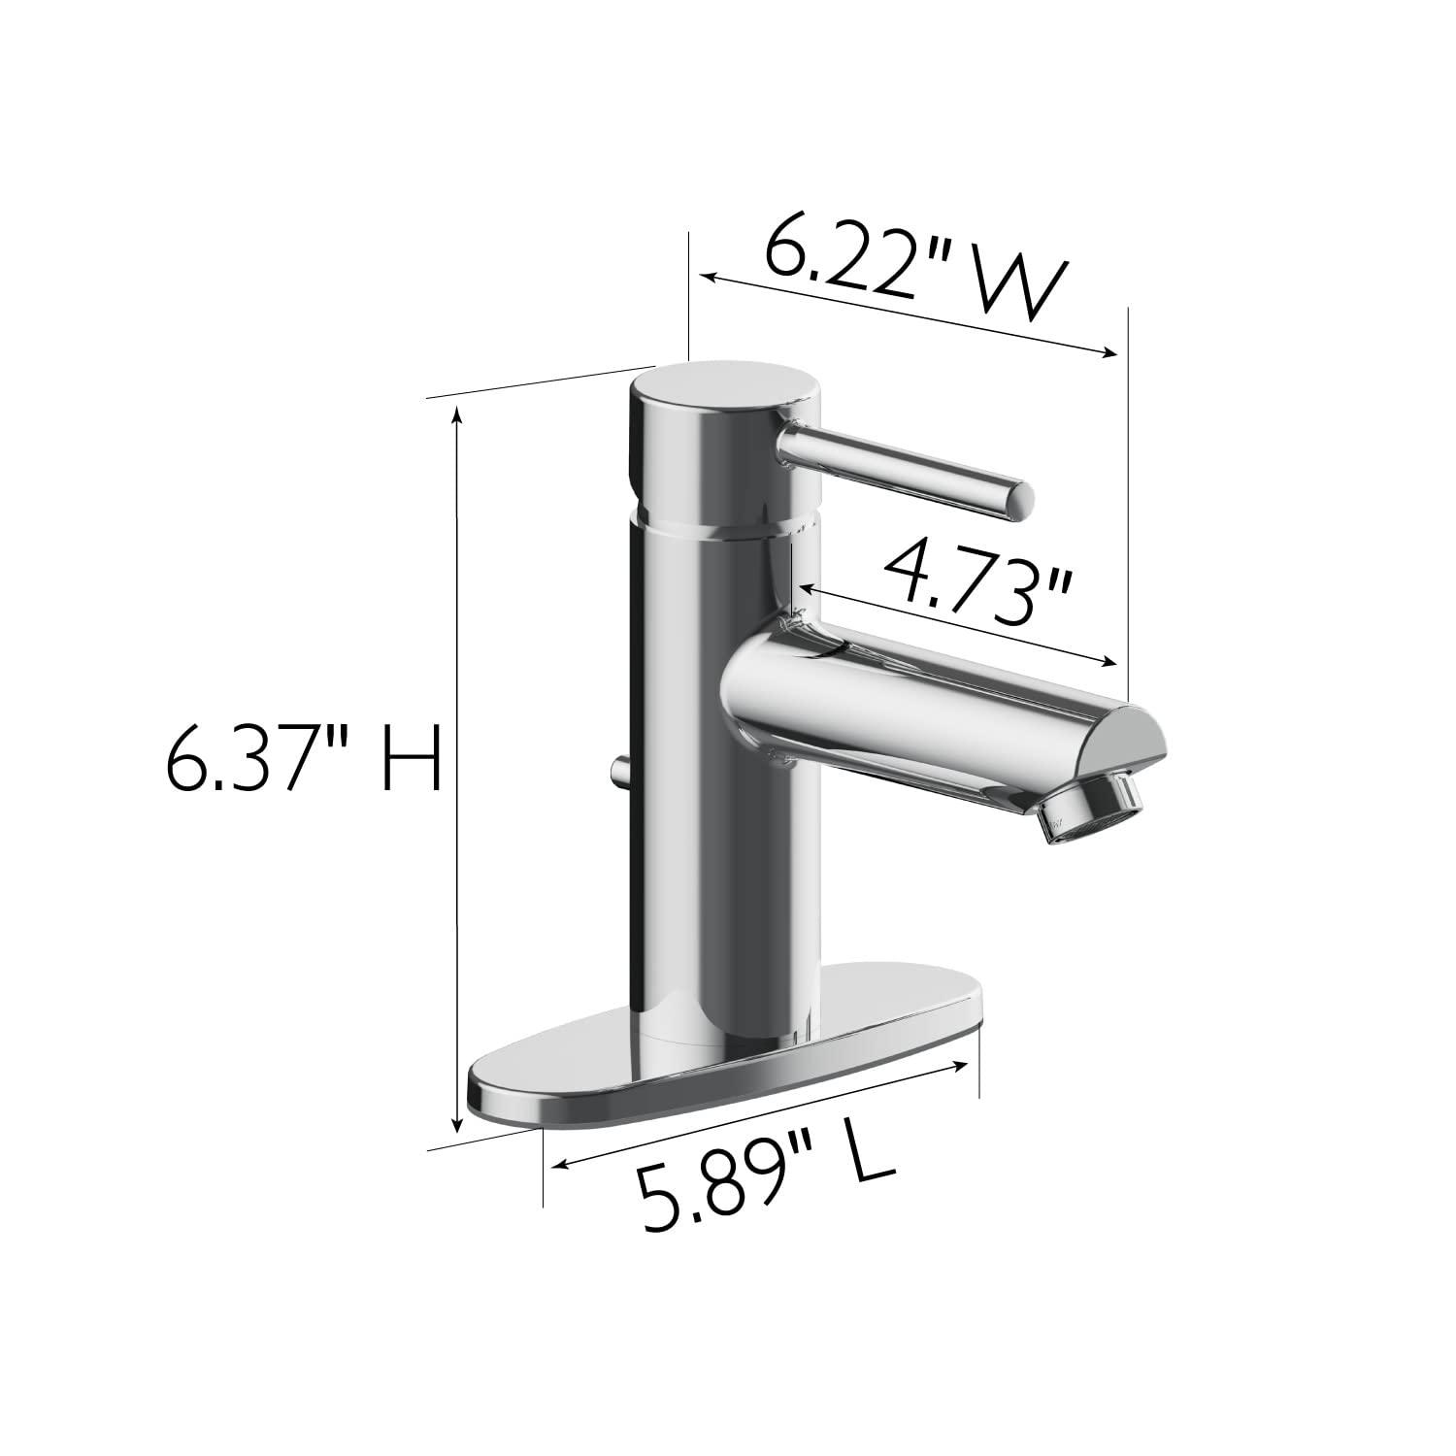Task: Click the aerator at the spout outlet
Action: (1094, 803)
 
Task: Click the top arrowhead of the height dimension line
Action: (458, 413)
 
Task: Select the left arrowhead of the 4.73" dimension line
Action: (805, 587)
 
